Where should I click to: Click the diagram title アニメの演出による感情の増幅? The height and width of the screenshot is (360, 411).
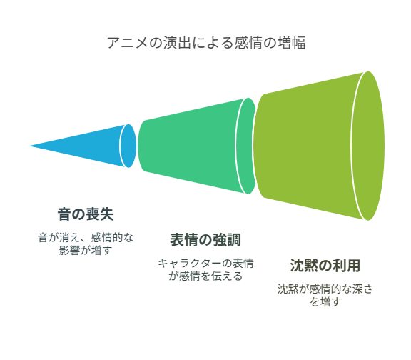tap(206, 43)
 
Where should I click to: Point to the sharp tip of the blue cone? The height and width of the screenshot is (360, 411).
tap(29, 146)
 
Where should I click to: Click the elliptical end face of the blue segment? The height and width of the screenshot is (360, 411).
tap(128, 146)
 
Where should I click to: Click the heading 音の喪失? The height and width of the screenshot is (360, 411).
tap(86, 214)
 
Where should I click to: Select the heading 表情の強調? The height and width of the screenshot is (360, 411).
tap(205, 240)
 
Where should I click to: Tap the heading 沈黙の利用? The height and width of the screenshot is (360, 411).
tap(325, 266)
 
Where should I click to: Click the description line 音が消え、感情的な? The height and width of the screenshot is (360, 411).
tap(86, 237)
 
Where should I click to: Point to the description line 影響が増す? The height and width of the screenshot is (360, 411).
tap(86, 250)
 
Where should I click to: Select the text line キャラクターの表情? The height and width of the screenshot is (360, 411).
tap(205, 263)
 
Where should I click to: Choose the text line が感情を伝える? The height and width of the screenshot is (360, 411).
tap(205, 276)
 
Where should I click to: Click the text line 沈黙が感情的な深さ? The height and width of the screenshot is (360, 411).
tap(325, 289)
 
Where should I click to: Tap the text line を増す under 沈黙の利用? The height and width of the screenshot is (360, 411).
tap(325, 301)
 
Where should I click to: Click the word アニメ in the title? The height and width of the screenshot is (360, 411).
tap(128, 43)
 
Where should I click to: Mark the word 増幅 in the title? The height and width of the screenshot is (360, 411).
tap(292, 43)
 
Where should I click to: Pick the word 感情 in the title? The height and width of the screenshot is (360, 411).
tap(248, 43)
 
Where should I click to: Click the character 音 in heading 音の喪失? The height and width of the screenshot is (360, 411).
tap(64, 214)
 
